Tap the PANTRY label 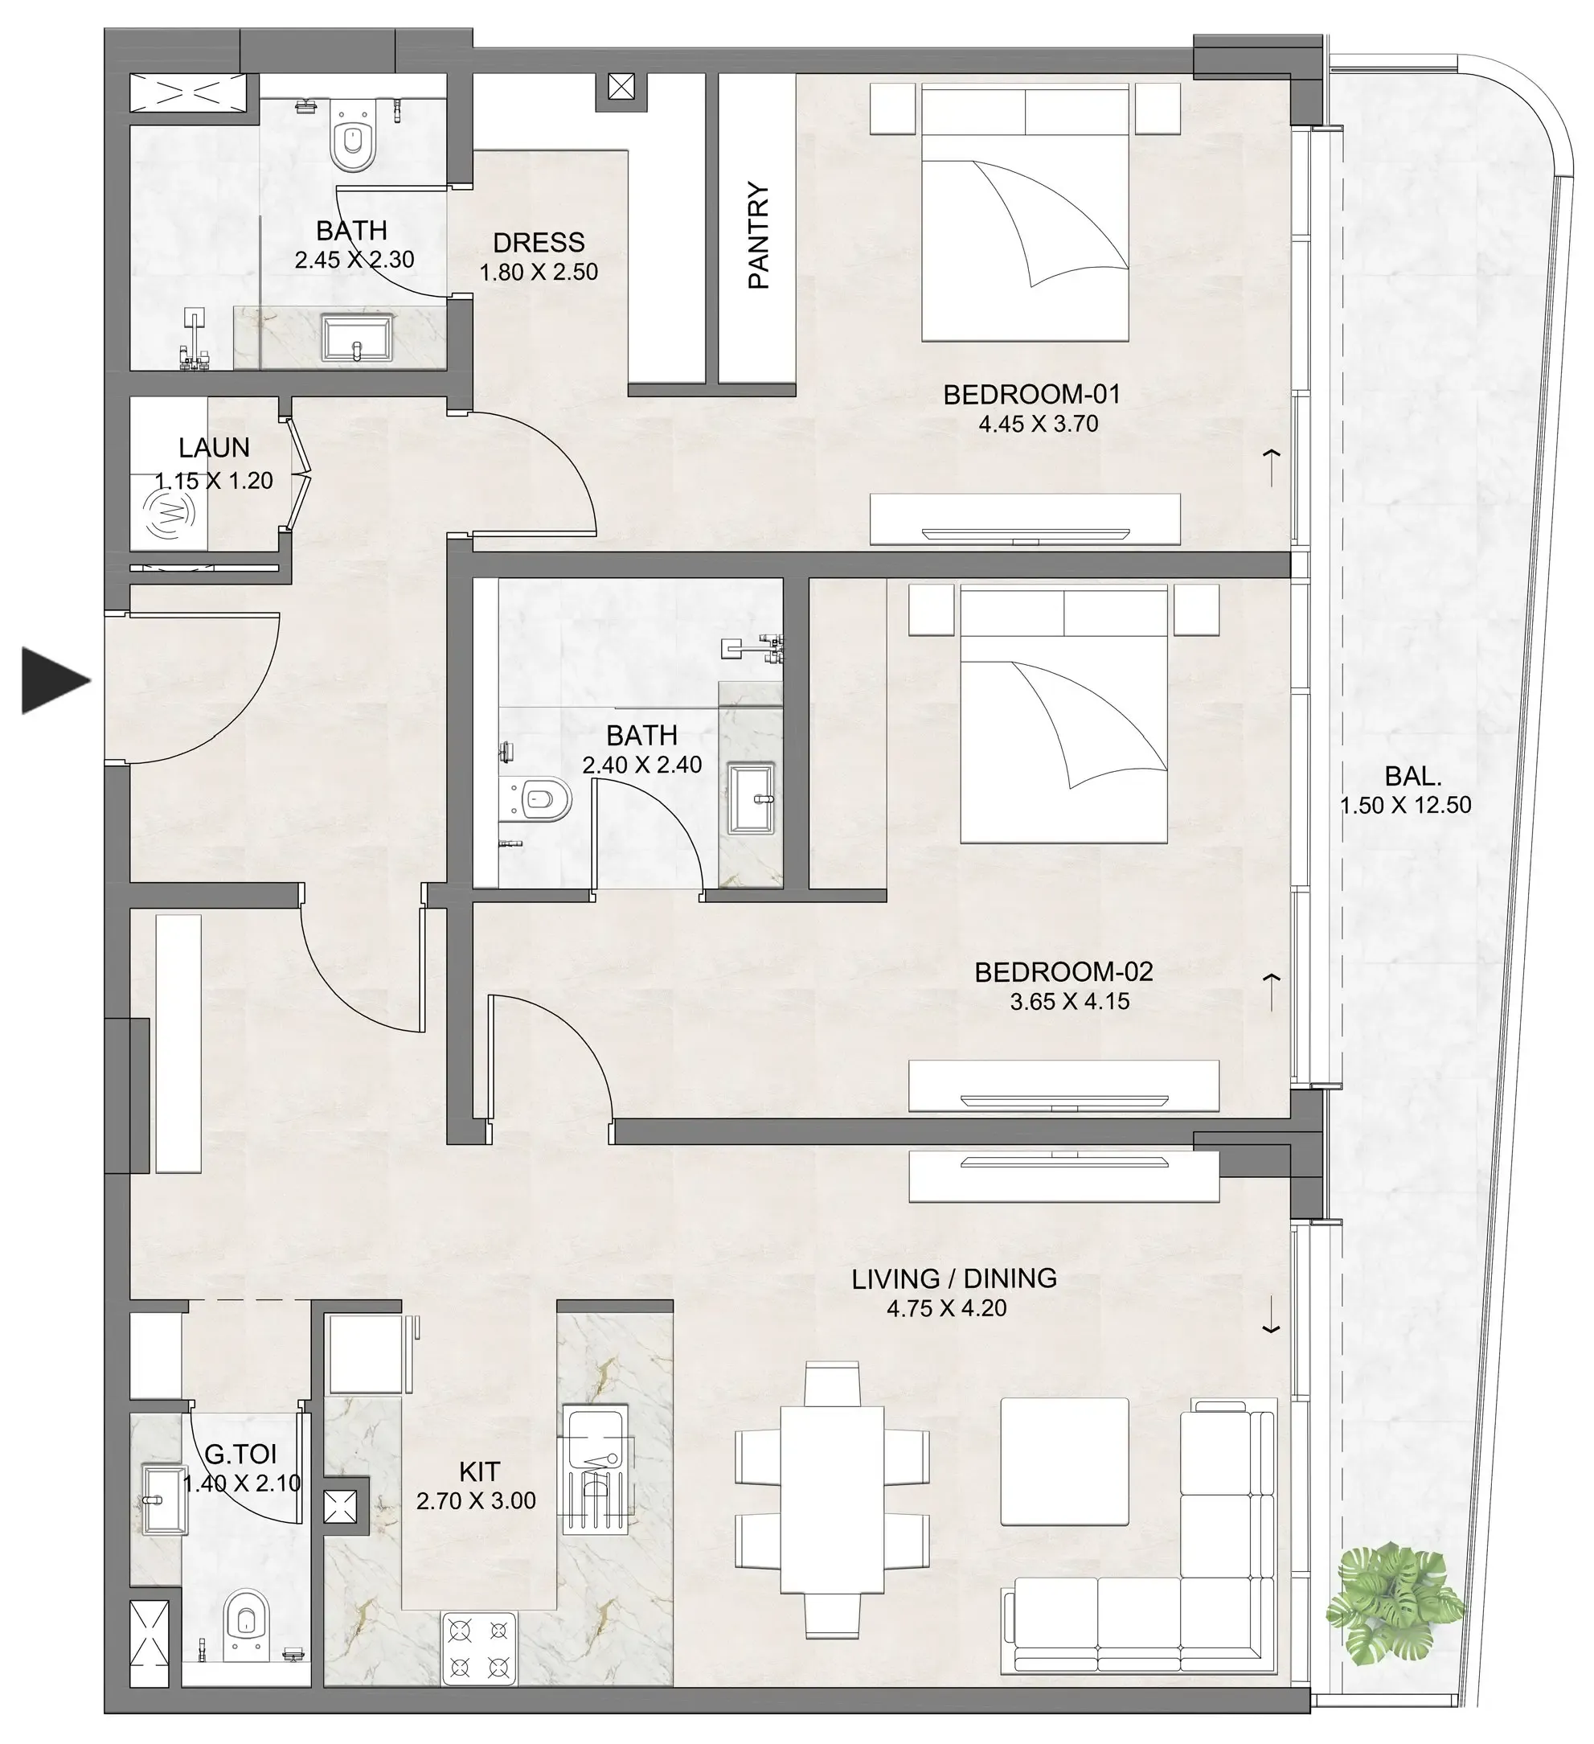758,236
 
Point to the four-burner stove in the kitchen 479,1648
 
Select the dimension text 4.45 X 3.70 1038,424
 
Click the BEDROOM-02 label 1063,971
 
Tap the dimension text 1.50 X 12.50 1405,805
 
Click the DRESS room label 539,242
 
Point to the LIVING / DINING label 954,1278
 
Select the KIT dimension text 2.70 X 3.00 476,1501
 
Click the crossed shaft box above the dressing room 621,87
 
